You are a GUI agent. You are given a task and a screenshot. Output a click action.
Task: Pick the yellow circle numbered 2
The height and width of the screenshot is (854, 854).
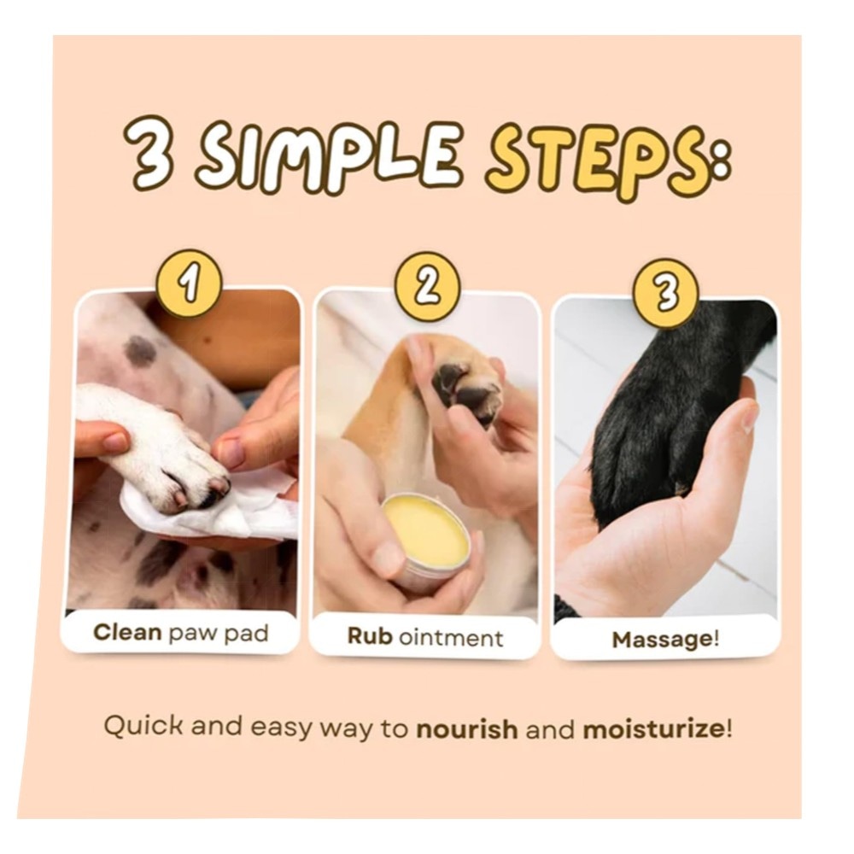[x=428, y=287]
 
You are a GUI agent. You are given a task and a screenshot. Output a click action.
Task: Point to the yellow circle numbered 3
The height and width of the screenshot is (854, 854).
[x=665, y=293]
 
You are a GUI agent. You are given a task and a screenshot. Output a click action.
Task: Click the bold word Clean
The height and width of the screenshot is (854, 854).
[x=127, y=632]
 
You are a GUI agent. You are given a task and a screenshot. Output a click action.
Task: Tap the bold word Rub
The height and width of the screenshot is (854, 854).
[x=370, y=636]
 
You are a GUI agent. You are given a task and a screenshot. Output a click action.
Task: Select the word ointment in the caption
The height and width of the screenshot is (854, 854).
[x=451, y=637]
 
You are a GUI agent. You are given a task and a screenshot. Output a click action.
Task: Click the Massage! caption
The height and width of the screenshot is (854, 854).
[x=665, y=640]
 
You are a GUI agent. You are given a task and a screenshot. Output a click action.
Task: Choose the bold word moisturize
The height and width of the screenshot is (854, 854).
[x=653, y=730]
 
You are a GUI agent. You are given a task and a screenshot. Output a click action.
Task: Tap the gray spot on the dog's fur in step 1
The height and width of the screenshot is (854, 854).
[x=141, y=352]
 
